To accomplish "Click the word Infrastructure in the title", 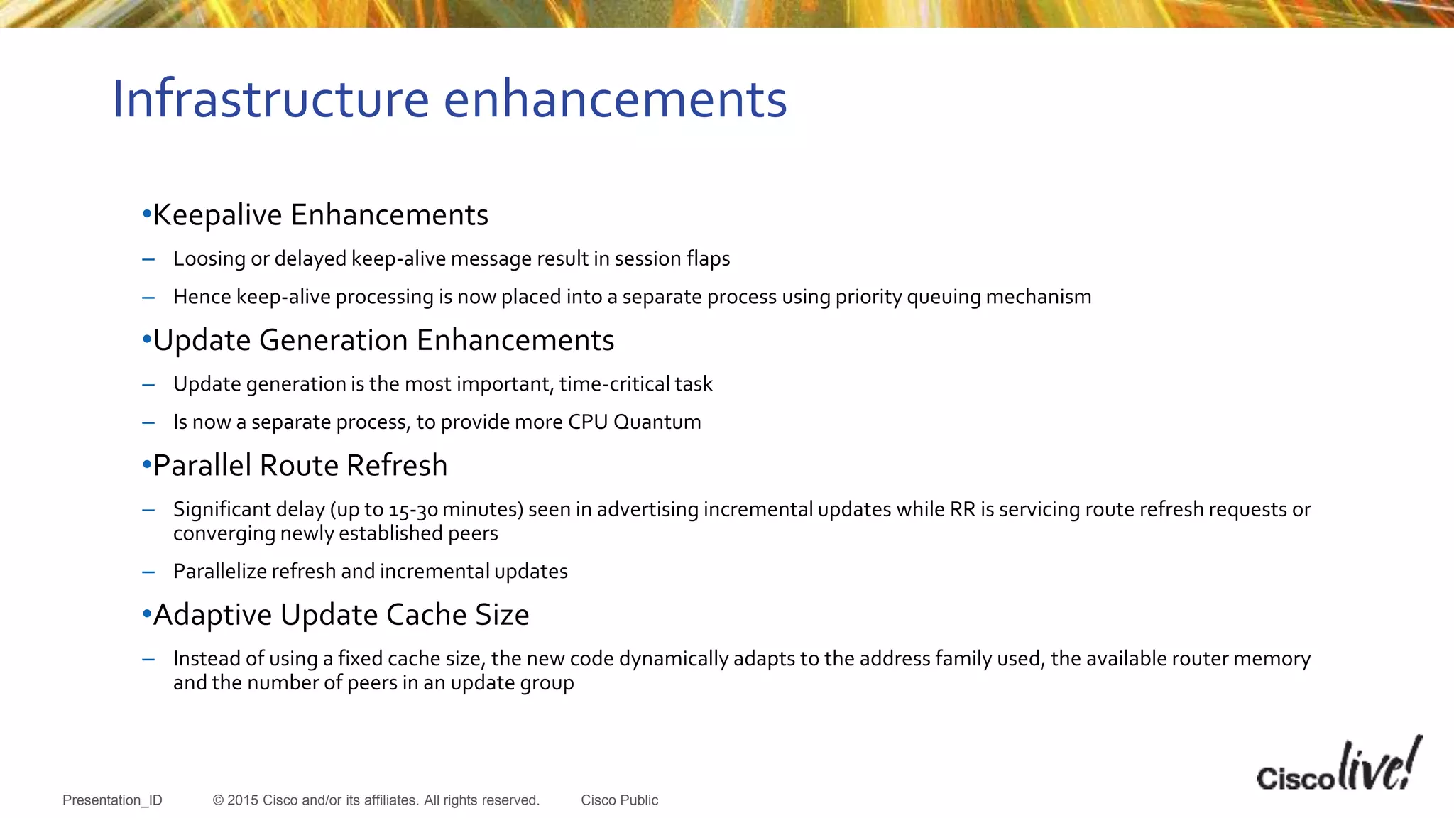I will tap(270, 99).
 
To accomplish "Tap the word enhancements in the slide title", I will tap(616, 99).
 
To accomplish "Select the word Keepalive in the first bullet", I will tap(217, 215).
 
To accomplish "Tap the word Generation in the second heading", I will tap(334, 341).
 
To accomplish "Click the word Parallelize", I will tap(219, 572).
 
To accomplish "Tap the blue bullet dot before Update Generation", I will tap(146, 339).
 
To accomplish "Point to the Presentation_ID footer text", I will tap(112, 800).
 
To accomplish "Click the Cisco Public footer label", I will tap(619, 800).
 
